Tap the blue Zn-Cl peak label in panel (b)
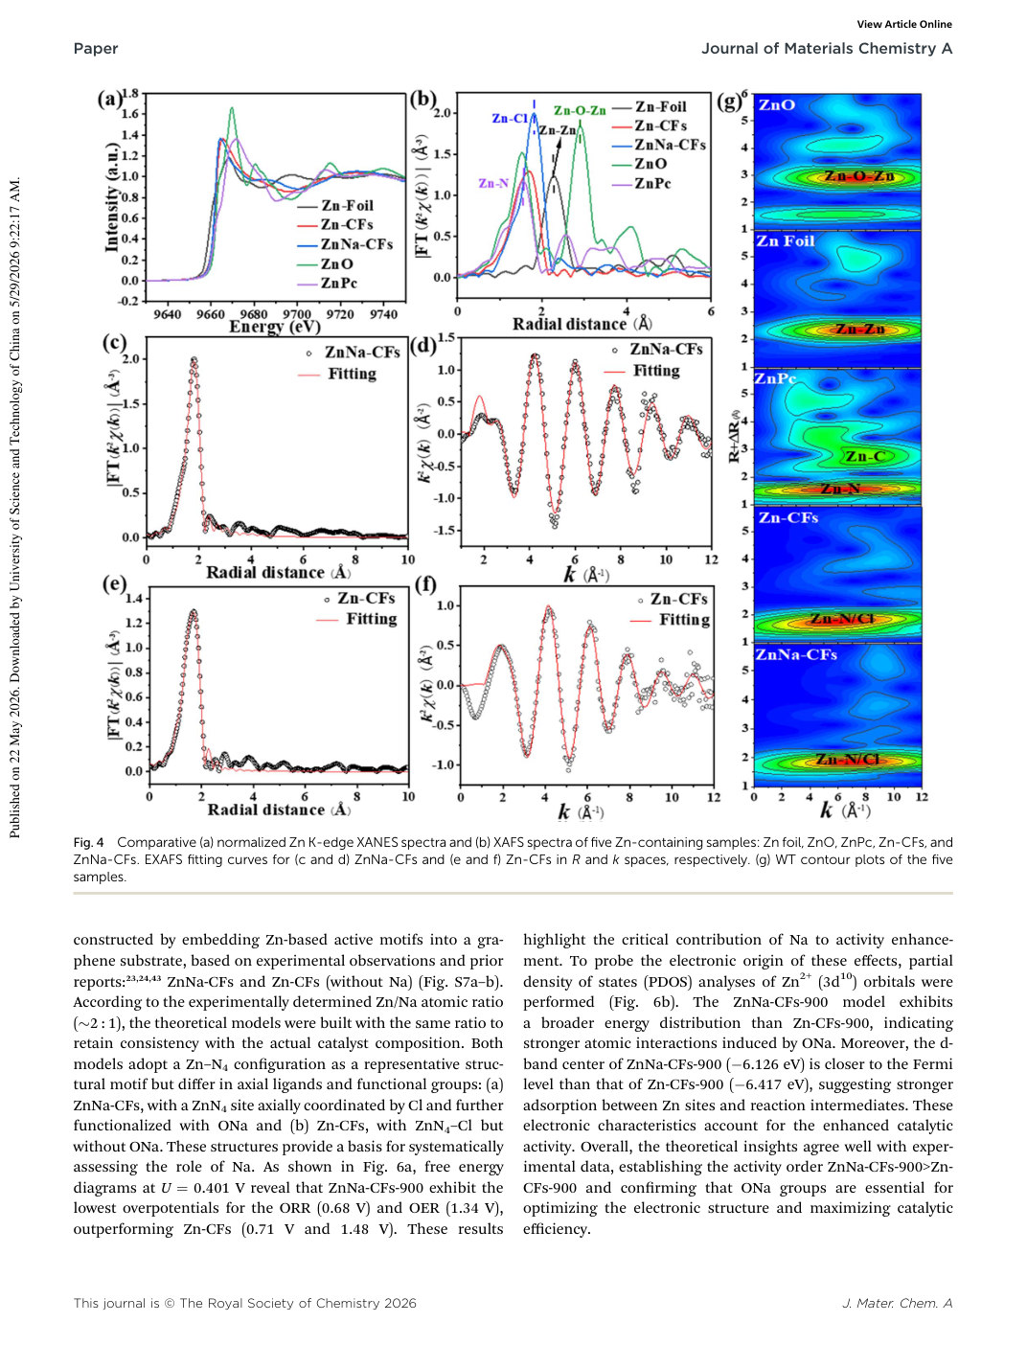click(510, 118)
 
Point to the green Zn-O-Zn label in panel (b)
click(580, 110)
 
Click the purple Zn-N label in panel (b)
click(493, 183)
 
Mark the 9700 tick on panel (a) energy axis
click(297, 314)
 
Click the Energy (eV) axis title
click(275, 327)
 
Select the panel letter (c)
click(115, 343)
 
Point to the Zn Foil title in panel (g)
click(786, 240)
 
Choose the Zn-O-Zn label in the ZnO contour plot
click(859, 176)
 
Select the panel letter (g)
click(729, 102)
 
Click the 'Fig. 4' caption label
click(89, 842)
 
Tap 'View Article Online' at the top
click(904, 25)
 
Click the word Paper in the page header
click(96, 49)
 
